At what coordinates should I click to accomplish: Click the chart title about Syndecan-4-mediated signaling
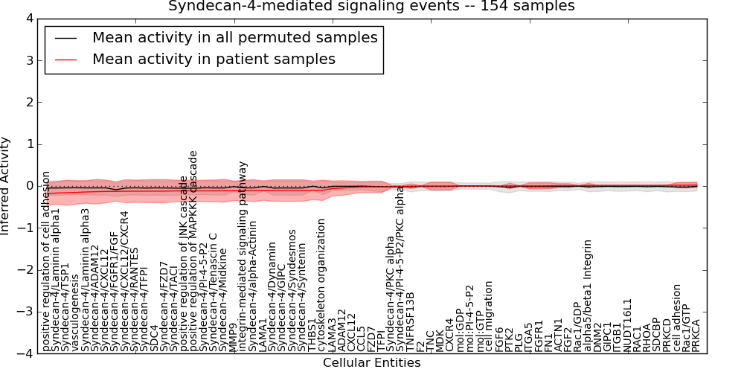tap(371, 6)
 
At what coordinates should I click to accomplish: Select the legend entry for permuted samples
tap(234, 37)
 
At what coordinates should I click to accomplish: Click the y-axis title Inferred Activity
tap(6, 186)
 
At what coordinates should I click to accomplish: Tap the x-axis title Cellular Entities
tap(371, 363)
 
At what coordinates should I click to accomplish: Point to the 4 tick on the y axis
tap(27, 18)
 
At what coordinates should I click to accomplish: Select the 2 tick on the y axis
tap(27, 102)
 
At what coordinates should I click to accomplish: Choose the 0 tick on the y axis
tap(27, 186)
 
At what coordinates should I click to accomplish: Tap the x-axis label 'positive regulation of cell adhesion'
tap(47, 260)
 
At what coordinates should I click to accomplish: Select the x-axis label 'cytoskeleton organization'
tap(321, 286)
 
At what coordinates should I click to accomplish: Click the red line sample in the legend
tap(65, 59)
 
